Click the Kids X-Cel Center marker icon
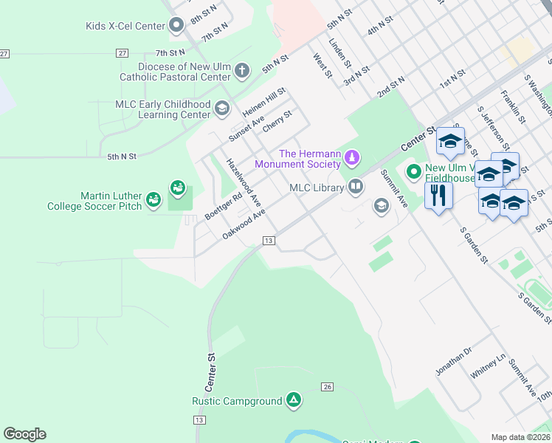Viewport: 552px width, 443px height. point(176,27)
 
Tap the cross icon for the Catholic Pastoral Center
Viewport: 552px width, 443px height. point(243,72)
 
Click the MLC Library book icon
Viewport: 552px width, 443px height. point(356,187)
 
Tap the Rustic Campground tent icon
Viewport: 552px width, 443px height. point(294,401)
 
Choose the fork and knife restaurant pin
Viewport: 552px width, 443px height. point(438,196)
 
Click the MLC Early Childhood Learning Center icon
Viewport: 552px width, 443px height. point(221,109)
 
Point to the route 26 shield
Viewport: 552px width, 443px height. point(328,387)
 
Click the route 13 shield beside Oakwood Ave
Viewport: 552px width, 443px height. point(269,241)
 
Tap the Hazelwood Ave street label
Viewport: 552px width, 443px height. point(244,182)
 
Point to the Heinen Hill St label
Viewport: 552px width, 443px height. point(263,103)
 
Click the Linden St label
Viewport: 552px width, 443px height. point(337,52)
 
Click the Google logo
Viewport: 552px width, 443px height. point(25,433)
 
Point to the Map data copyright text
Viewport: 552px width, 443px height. point(521,437)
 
